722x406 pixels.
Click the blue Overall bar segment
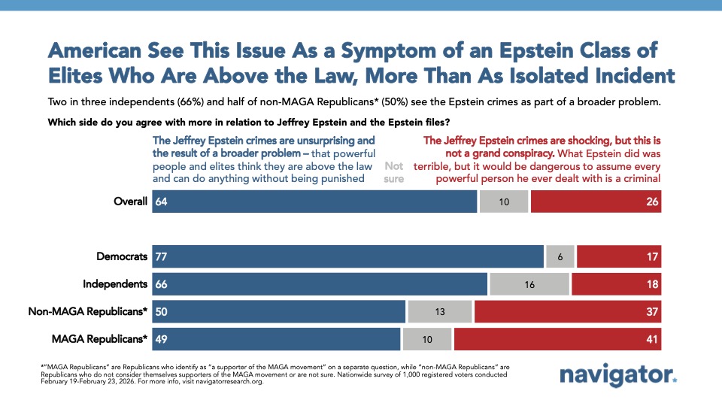click(314, 201)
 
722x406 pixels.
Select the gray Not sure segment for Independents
click(529, 283)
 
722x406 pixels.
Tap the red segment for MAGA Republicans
click(557, 339)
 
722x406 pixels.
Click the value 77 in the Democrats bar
click(162, 256)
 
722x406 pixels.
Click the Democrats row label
click(122, 256)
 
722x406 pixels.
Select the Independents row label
click(116, 283)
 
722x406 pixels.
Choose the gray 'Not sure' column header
click(394, 172)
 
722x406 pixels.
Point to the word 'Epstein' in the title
click(485, 51)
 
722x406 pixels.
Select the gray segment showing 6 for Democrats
click(560, 256)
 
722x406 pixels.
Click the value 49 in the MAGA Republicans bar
click(162, 339)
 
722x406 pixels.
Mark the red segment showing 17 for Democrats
click(618, 256)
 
